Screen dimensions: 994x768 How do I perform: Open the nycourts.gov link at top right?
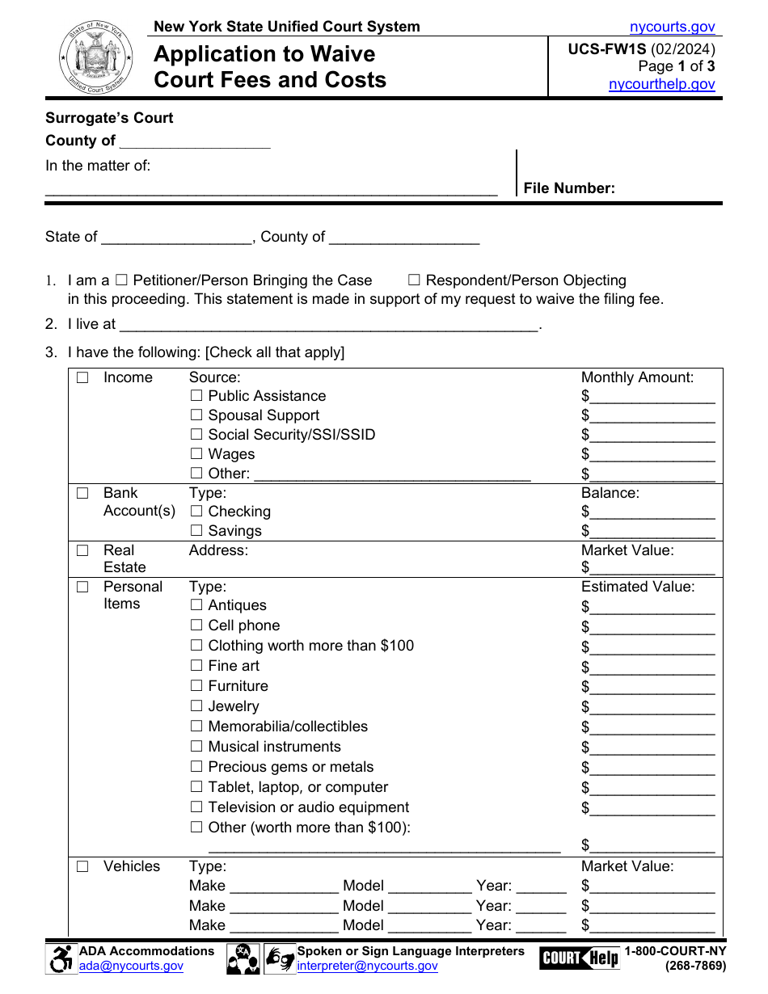pyautogui.click(x=672, y=27)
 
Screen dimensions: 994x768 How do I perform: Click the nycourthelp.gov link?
pyautogui.click(x=661, y=84)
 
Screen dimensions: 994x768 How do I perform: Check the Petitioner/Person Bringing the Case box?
pyautogui.click(x=121, y=280)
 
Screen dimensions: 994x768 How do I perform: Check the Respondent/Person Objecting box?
pyautogui.click(x=414, y=280)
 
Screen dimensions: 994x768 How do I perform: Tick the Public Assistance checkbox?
pyautogui.click(x=196, y=396)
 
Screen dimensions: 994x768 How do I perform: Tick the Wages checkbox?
pyautogui.click(x=196, y=454)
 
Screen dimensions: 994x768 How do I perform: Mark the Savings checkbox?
pyautogui.click(x=196, y=531)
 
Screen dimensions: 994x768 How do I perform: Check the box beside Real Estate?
pyautogui.click(x=82, y=550)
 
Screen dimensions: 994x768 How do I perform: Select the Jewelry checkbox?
pyautogui.click(x=196, y=706)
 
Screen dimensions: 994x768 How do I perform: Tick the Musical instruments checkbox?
pyautogui.click(x=196, y=747)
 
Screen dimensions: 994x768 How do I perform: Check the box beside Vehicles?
pyautogui.click(x=82, y=866)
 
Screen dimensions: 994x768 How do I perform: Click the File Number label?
pyautogui.click(x=569, y=188)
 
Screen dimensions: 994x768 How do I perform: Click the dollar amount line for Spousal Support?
pyautogui.click(x=652, y=416)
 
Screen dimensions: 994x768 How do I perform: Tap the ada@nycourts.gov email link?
pyautogui.click(x=131, y=966)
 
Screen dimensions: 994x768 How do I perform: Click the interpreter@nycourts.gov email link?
pyautogui.click(x=367, y=966)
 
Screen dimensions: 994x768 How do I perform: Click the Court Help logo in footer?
pyautogui.click(x=579, y=958)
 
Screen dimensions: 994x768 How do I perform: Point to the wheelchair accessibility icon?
pyautogui.click(x=61, y=959)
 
